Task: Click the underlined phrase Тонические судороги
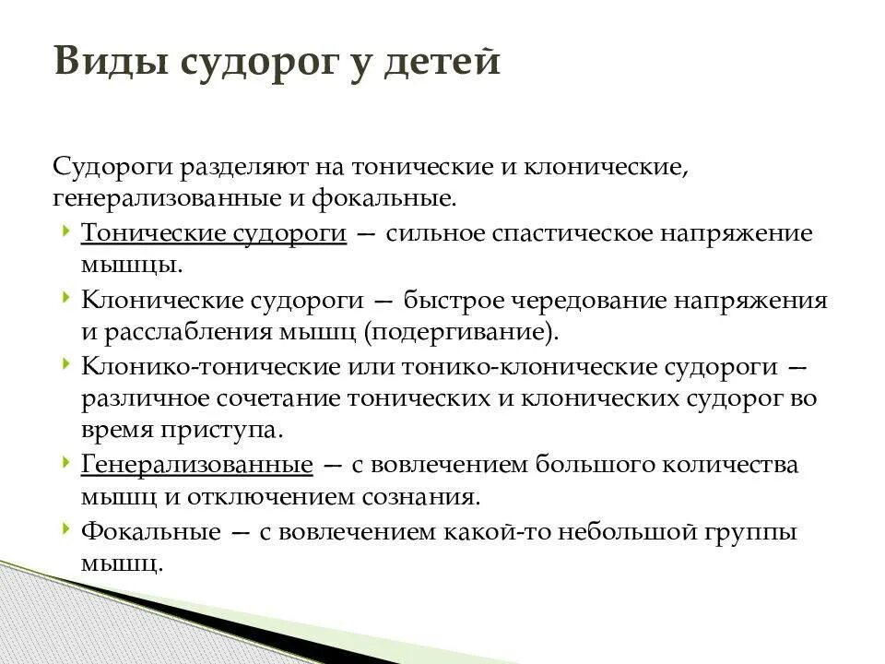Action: [x=214, y=233]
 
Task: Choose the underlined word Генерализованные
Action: [x=197, y=464]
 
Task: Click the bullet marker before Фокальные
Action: [x=67, y=528]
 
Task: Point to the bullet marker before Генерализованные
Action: [x=67, y=462]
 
